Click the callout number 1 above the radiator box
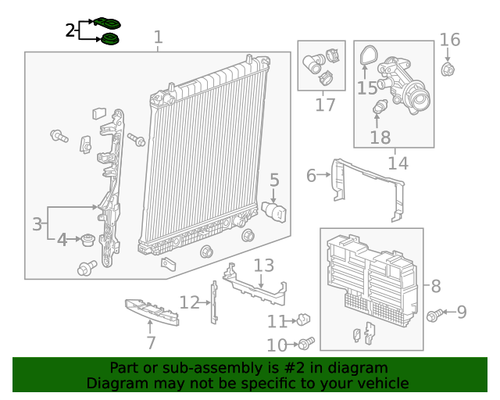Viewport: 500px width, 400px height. pos(159,37)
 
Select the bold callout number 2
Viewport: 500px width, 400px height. pos(70,30)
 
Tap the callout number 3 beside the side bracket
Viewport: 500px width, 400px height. pos(37,224)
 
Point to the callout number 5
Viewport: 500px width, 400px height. pos(274,181)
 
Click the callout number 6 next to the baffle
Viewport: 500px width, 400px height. pos(311,176)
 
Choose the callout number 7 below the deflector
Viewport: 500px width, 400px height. pos(151,342)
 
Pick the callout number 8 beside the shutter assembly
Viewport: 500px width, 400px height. pos(436,286)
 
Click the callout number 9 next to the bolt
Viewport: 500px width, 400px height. pos(461,312)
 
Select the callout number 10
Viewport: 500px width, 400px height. pos(277,345)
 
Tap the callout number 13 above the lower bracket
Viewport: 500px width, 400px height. pos(263,266)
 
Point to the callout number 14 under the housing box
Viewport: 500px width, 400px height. pos(398,163)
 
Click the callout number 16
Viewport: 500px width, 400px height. pos(450,39)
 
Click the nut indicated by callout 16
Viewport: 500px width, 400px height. pos(448,71)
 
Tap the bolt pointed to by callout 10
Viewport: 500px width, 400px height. pos(306,343)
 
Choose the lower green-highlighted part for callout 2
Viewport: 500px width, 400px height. pos(110,39)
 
